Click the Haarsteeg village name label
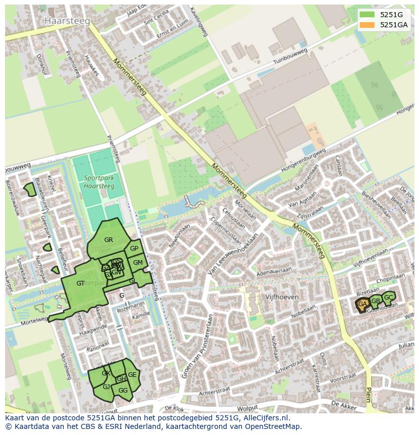[67, 21]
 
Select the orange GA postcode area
[362, 304]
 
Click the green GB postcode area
[375, 301]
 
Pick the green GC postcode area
[389, 298]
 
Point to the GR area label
[108, 239]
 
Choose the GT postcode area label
[80, 283]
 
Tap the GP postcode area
[134, 249]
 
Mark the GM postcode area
[138, 262]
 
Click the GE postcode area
[132, 374]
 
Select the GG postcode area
[123, 390]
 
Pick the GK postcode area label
[105, 373]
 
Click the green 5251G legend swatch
[367, 15]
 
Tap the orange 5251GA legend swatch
[367, 25]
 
